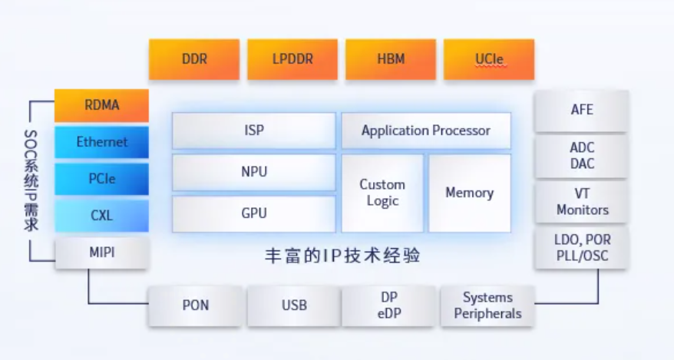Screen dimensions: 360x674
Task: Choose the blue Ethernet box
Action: pos(101,142)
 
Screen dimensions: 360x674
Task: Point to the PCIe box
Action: pos(101,179)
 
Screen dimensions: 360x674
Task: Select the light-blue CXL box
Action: pos(101,216)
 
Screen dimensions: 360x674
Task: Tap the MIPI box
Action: pos(101,252)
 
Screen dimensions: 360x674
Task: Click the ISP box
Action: pos(254,130)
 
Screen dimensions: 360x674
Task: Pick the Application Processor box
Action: pos(426,130)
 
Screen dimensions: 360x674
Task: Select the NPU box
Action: pos(254,172)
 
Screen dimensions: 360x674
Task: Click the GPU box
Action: pos(254,213)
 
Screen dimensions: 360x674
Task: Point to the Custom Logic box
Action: pos(382,193)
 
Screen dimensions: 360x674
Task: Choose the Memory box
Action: pos(470,193)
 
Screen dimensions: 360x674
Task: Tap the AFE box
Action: pos(582,110)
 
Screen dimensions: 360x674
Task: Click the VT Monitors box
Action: pos(582,202)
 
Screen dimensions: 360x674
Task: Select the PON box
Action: pos(195,306)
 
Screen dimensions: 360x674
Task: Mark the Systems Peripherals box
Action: pos(487,306)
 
